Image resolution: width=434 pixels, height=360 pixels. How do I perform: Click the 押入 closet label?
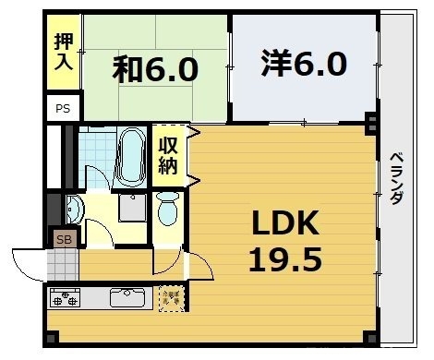pos(62,52)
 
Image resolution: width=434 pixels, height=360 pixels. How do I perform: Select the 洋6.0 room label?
pos(303,64)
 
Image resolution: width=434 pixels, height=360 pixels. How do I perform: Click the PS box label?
pos(62,108)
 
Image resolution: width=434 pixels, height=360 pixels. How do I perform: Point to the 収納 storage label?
pos(167,154)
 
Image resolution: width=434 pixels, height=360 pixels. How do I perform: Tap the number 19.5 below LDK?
pos(285,259)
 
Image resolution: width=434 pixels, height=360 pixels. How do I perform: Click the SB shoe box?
pos(63,240)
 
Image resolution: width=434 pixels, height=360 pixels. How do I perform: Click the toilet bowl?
pos(167,210)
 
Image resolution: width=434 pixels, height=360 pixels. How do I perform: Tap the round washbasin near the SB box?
pos(73,210)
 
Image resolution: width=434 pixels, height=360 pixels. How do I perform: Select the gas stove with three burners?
pos(67,298)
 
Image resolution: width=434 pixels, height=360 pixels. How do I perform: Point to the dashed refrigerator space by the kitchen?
pos(171,297)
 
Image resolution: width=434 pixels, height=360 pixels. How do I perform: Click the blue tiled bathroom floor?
pos(95,148)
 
